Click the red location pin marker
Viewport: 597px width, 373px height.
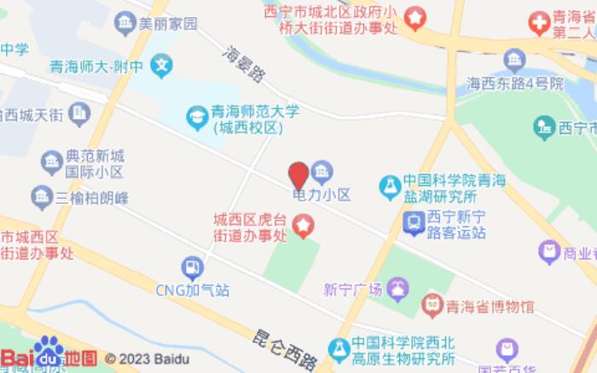pyautogui.click(x=298, y=175)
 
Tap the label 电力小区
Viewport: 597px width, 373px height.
pyautogui.click(x=322, y=195)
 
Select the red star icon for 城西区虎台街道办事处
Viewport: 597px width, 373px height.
pyautogui.click(x=304, y=226)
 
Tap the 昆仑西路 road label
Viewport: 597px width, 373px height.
pyautogui.click(x=285, y=347)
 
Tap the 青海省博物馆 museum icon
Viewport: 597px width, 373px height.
pyautogui.click(x=433, y=304)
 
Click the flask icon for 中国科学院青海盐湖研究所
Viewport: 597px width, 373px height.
pyautogui.click(x=390, y=185)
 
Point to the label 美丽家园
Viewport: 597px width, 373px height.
pyautogui.click(x=168, y=24)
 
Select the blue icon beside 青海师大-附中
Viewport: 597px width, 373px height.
pyautogui.click(x=161, y=63)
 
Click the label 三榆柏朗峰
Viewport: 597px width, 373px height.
pyautogui.click(x=92, y=198)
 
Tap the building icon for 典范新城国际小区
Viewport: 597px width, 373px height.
pyautogui.click(x=52, y=160)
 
